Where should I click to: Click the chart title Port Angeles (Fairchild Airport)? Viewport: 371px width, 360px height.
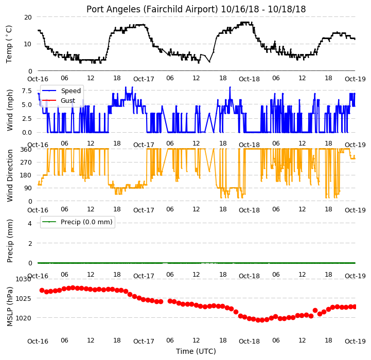[x=152, y=9]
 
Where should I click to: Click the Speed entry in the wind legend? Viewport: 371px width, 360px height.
[x=70, y=91]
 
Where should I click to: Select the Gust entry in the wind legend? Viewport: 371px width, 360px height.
[x=68, y=100]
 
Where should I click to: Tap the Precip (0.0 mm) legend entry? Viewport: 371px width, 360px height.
[x=86, y=222]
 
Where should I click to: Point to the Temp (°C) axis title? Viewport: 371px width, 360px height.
[x=9, y=44]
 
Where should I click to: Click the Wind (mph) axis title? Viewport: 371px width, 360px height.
[x=10, y=110]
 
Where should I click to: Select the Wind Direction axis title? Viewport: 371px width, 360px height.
[x=10, y=175]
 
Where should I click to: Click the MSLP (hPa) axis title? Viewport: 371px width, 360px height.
[x=10, y=307]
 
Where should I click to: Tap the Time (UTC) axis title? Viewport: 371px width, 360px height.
[x=196, y=351]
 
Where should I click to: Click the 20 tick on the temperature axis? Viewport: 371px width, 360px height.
[x=28, y=17]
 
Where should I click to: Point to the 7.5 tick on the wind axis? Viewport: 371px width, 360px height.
[x=27, y=91]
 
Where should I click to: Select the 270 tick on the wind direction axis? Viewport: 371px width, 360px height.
[x=26, y=163]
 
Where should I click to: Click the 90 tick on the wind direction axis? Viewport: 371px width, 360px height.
[x=28, y=188]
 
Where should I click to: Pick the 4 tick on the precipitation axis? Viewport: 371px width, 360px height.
[x=30, y=223]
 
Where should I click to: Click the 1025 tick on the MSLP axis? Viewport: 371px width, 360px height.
[x=24, y=298]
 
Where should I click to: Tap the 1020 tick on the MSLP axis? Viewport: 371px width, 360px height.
[x=24, y=318]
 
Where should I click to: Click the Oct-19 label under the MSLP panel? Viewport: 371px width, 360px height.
[x=355, y=341]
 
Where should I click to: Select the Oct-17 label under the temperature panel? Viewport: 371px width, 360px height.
[x=144, y=79]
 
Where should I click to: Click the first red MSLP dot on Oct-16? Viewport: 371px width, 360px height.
[x=42, y=290]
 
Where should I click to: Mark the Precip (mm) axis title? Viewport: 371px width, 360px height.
[x=10, y=241]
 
